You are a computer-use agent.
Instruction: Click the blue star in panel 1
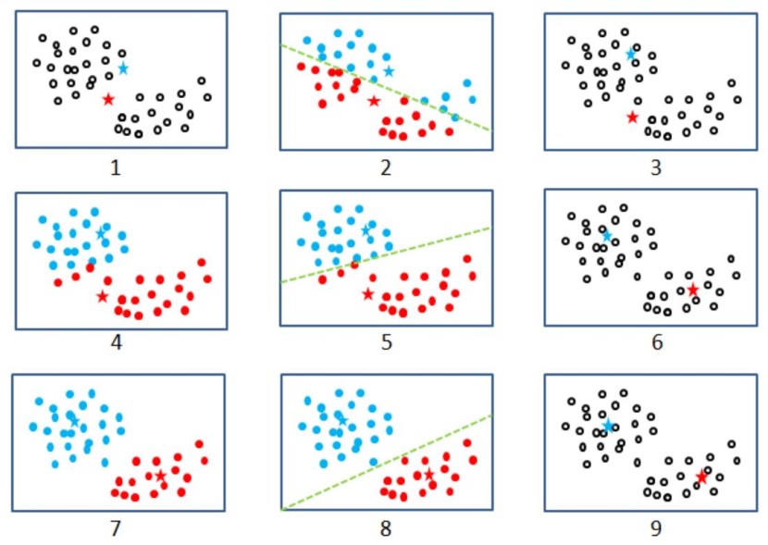123,68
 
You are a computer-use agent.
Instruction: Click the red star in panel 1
108,99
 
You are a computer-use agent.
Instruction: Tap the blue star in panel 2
389,71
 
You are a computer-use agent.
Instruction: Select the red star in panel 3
632,118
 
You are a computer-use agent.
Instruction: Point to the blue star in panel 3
631,54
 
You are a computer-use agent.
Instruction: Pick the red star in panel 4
102,296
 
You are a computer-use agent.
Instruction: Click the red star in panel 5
367,294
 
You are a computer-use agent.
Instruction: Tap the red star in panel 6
692,290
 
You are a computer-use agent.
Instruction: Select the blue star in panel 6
607,236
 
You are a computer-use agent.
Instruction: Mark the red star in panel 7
161,476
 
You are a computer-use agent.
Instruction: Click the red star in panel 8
428,475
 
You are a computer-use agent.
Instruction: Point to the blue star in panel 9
608,427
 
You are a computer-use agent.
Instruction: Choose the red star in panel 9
701,477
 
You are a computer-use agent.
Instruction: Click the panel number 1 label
116,167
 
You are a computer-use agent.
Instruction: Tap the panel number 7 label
115,529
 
